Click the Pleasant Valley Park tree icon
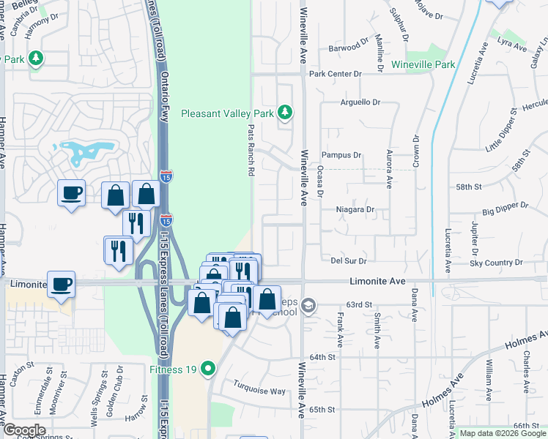pyautogui.click(x=285, y=113)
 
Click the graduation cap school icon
pyautogui.click(x=309, y=305)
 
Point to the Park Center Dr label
pyautogui.click(x=336, y=74)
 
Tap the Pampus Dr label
pyautogui.click(x=342, y=155)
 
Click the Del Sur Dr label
pyautogui.click(x=348, y=260)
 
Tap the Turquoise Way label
pyautogui.click(x=259, y=391)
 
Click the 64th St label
pyautogui.click(x=322, y=357)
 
